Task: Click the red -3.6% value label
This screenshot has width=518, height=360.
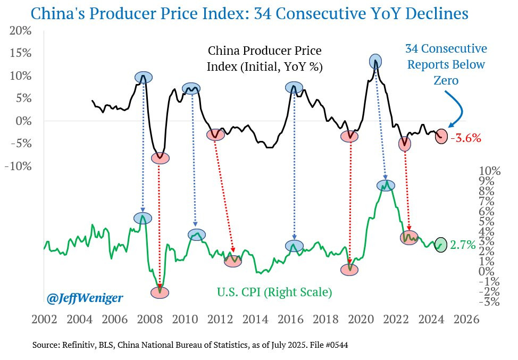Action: pos(466,138)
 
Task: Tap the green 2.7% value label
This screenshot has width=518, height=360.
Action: pos(463,245)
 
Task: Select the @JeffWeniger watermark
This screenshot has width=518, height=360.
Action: pos(85,298)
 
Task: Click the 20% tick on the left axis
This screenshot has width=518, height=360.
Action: pos(20,31)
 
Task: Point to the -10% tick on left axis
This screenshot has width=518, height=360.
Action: pos(19,166)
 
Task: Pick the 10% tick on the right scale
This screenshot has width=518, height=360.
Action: pos(489,171)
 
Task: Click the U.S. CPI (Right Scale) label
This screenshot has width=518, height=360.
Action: pos(274,292)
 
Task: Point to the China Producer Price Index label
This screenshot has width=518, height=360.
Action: pos(265,59)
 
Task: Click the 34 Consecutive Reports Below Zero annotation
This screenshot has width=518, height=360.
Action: pos(446,64)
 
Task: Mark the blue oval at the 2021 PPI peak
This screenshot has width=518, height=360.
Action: pos(375,61)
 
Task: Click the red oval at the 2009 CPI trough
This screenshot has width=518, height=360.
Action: pos(160,292)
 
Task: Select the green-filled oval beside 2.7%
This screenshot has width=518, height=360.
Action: pos(441,245)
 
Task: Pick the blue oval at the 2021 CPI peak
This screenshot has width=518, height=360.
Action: pos(386,186)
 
